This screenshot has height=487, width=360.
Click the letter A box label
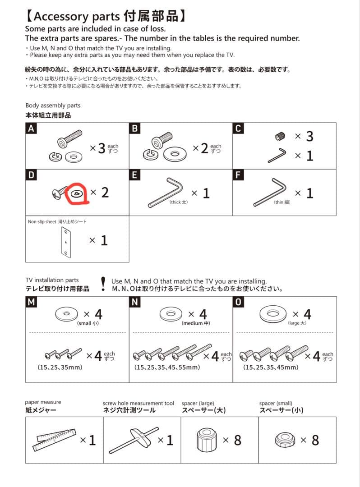click(x=31, y=129)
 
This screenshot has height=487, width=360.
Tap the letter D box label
click(x=31, y=175)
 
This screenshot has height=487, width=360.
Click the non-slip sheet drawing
click(x=65, y=243)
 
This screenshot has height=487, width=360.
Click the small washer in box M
click(x=66, y=313)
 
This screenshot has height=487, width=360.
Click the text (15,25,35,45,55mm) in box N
click(x=167, y=368)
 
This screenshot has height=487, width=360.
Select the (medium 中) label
click(x=196, y=323)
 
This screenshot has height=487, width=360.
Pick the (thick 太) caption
click(x=178, y=202)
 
